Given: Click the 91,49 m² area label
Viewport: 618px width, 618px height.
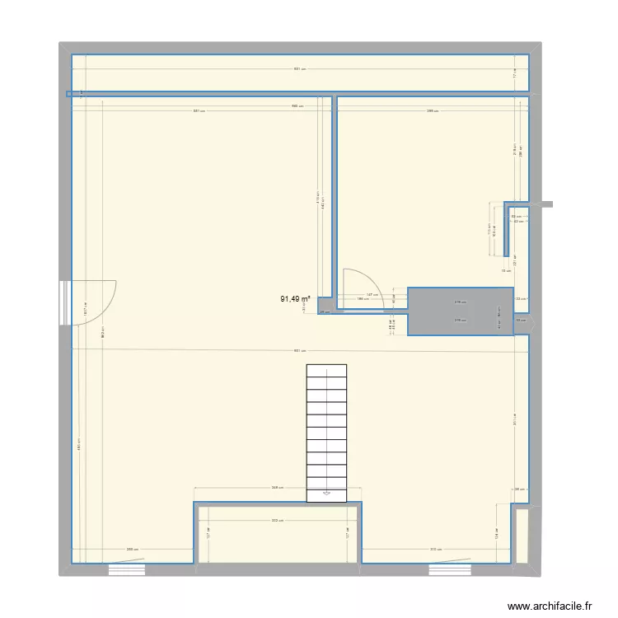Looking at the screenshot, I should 295,299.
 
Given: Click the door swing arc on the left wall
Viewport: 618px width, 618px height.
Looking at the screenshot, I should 95,302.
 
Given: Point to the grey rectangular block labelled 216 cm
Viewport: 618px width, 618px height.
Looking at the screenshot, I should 461,311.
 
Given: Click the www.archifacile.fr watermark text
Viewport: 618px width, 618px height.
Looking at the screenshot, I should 550,606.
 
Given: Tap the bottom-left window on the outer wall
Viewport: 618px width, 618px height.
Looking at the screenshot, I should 125,568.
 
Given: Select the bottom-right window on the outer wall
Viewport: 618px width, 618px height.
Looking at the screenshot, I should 448,568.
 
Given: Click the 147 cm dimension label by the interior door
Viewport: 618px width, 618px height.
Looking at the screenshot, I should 371,294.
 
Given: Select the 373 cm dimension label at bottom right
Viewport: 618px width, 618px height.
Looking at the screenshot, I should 434,550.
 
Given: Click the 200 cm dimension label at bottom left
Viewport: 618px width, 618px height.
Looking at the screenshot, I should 130,550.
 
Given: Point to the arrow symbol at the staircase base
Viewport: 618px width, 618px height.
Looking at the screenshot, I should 327,493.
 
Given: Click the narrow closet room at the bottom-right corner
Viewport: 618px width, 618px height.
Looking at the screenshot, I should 521,536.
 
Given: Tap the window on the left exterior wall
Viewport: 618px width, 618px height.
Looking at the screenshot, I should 63,302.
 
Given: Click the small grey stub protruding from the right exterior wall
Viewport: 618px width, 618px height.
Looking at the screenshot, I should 548,204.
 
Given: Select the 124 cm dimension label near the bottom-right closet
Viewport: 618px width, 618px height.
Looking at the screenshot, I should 497,536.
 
